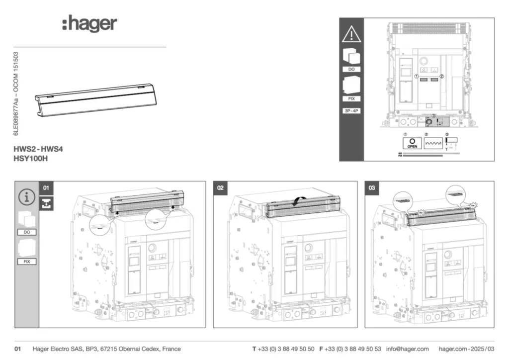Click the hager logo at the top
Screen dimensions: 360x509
pyautogui.click(x=90, y=24)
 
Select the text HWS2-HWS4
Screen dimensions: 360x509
pyautogui.click(x=39, y=149)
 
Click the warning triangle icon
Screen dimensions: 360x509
pyautogui.click(x=351, y=34)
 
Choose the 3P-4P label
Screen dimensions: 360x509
pyautogui.click(x=351, y=111)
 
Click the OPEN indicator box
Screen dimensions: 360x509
pyautogui.click(x=412, y=143)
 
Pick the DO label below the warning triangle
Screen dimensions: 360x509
pyautogui.click(x=351, y=69)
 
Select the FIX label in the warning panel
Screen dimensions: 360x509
pyautogui.click(x=351, y=98)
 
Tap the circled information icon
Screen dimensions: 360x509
pyautogui.click(x=27, y=197)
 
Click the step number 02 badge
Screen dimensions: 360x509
pyautogui.click(x=221, y=188)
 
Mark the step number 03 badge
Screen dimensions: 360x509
pyautogui.click(x=372, y=188)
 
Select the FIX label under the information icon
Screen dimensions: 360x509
pyautogui.click(x=27, y=261)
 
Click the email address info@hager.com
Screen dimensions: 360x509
pyautogui.click(x=407, y=349)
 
